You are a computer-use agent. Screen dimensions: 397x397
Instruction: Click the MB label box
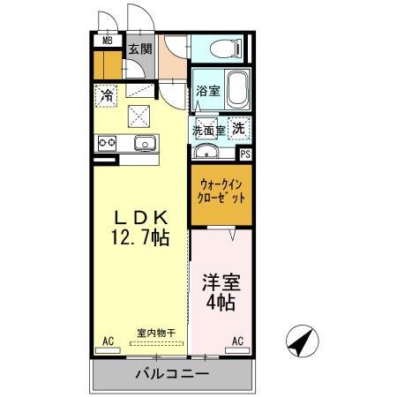pos(108,41)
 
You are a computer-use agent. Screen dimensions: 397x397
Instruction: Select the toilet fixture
pos(228,49)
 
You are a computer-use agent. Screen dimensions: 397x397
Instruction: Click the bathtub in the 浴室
pos(236,89)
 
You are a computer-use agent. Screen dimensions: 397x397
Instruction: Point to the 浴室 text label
pos(207,91)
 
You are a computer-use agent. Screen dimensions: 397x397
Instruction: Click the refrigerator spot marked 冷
pos(107,94)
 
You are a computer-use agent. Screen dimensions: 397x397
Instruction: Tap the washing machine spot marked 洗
pos(237,128)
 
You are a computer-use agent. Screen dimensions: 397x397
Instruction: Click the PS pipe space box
pos(244,153)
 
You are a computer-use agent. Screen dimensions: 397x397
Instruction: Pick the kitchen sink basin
pos(145,143)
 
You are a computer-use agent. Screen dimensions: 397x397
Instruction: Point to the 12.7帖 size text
pos(140,238)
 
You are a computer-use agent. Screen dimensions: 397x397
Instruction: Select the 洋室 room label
pos(221,284)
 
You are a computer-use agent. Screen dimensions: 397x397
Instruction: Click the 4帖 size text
pos(221,304)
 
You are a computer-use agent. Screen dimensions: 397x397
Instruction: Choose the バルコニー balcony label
pos(171,374)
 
